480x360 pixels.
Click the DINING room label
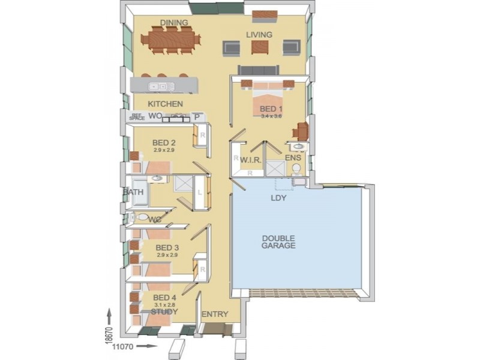point(174,23)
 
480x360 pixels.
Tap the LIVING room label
point(259,35)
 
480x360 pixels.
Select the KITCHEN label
point(161,104)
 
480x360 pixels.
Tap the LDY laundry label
point(278,197)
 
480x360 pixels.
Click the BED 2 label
point(164,142)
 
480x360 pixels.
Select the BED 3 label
point(167,247)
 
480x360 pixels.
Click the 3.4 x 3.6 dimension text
point(271,116)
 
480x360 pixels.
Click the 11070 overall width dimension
point(123,346)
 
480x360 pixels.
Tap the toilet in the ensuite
point(296,169)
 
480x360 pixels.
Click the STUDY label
point(164,311)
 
